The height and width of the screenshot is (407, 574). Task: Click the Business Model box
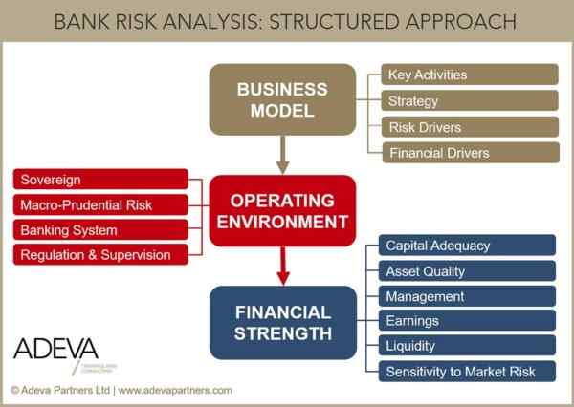(x=282, y=99)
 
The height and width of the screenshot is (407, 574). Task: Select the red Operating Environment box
(x=282, y=211)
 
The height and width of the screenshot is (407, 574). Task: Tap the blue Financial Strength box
(x=282, y=323)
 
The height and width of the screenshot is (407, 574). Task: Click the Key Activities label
(x=470, y=75)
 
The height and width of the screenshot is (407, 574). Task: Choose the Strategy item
(x=470, y=100)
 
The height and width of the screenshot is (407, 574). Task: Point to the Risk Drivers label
(x=470, y=126)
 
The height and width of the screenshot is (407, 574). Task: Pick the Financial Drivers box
(x=470, y=152)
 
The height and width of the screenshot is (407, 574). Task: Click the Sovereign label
(x=100, y=180)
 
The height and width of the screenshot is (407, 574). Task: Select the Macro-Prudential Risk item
(x=100, y=204)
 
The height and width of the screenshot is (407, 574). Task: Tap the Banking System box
(x=100, y=229)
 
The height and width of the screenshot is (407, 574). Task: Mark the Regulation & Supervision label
(x=100, y=254)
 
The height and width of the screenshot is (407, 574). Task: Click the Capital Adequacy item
(x=467, y=246)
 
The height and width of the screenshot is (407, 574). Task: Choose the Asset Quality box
(x=467, y=270)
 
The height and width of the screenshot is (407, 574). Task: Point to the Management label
(x=467, y=296)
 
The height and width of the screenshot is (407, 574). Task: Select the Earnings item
(x=467, y=321)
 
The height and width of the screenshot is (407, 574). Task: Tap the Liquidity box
(x=467, y=346)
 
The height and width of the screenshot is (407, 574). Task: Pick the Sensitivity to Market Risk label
(x=467, y=372)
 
